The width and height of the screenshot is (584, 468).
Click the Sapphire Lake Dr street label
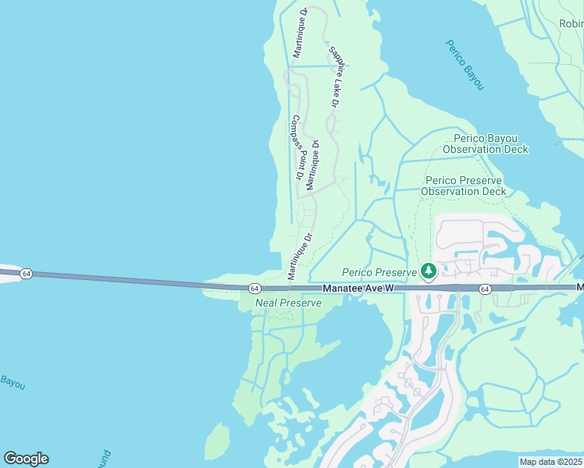pyautogui.click(x=333, y=77)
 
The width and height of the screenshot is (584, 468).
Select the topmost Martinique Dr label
pyautogui.click(x=298, y=33)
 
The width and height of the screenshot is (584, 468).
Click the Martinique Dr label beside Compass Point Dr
pyautogui.click(x=312, y=165)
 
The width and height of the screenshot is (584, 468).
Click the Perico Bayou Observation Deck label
pyautogui.click(x=485, y=144)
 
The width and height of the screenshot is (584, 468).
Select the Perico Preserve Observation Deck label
pyautogui.click(x=463, y=186)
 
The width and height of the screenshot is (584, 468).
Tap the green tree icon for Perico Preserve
pyautogui.click(x=428, y=271)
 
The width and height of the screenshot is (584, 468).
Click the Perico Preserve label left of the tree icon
pyautogui.click(x=379, y=272)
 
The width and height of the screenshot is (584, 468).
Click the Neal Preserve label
pyautogui.click(x=288, y=303)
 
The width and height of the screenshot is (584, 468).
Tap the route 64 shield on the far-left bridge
pyautogui.click(x=26, y=274)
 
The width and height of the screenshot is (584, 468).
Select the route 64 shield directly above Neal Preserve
pyautogui.click(x=255, y=288)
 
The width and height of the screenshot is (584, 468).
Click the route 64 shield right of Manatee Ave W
pyautogui.click(x=485, y=289)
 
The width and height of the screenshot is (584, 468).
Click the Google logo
pyautogui.click(x=26, y=459)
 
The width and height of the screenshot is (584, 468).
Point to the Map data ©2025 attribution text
pyautogui.click(x=550, y=462)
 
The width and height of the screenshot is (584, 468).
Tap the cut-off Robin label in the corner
pyautogui.click(x=570, y=23)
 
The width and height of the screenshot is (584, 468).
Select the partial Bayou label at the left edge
pyautogui.click(x=12, y=384)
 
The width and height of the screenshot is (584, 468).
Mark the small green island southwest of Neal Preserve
pyautogui.click(x=217, y=441)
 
